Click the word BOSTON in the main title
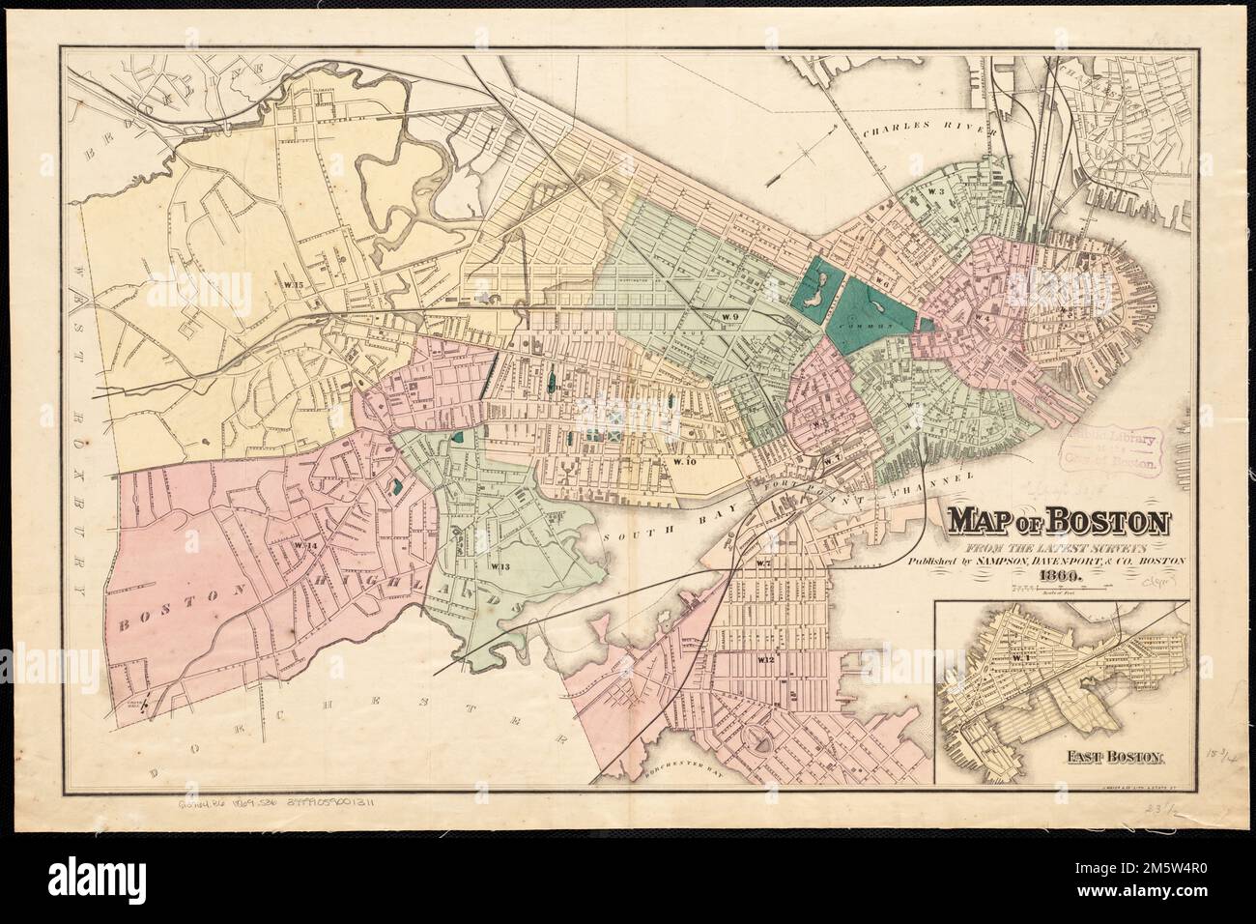1106,523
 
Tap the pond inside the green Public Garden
810,291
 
